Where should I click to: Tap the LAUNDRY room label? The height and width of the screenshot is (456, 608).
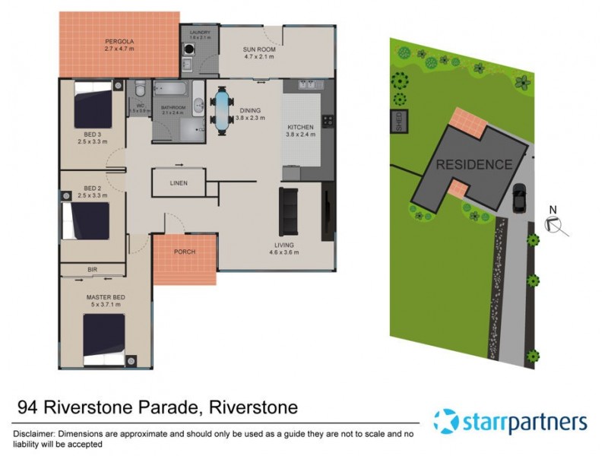(x=200, y=33)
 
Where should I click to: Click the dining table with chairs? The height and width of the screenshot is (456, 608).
(x=222, y=110)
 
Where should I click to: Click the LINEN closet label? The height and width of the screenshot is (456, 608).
(x=178, y=183)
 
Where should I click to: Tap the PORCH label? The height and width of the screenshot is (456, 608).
(x=185, y=252)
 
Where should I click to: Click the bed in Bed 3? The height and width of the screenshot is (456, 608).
(x=93, y=106)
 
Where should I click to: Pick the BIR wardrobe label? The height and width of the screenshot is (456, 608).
(x=92, y=269)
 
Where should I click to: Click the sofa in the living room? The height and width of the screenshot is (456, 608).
(x=290, y=211)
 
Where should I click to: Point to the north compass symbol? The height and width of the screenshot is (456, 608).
(x=553, y=223)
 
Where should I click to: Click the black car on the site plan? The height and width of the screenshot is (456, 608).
(x=520, y=199)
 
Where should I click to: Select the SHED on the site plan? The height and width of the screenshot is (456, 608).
(x=397, y=121)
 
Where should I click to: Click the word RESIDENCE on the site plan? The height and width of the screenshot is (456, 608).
(x=473, y=164)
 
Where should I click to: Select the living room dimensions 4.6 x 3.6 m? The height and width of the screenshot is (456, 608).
(x=286, y=254)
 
